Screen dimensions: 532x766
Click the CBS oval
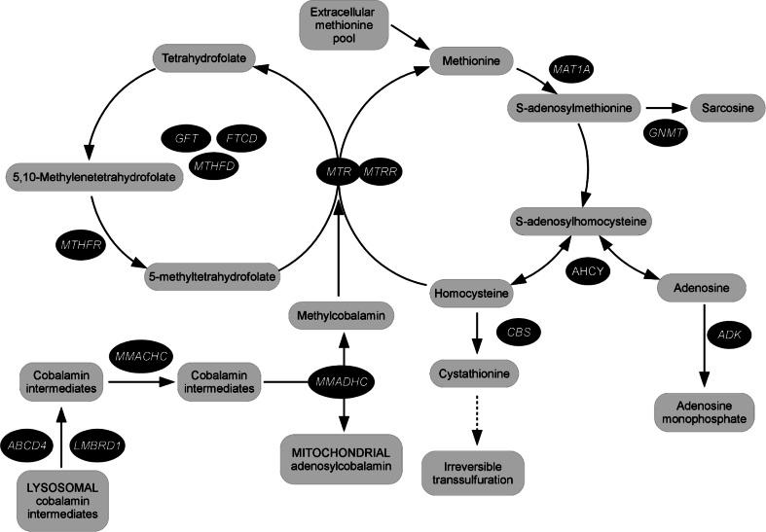518,333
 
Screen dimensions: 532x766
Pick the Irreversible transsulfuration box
472,473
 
